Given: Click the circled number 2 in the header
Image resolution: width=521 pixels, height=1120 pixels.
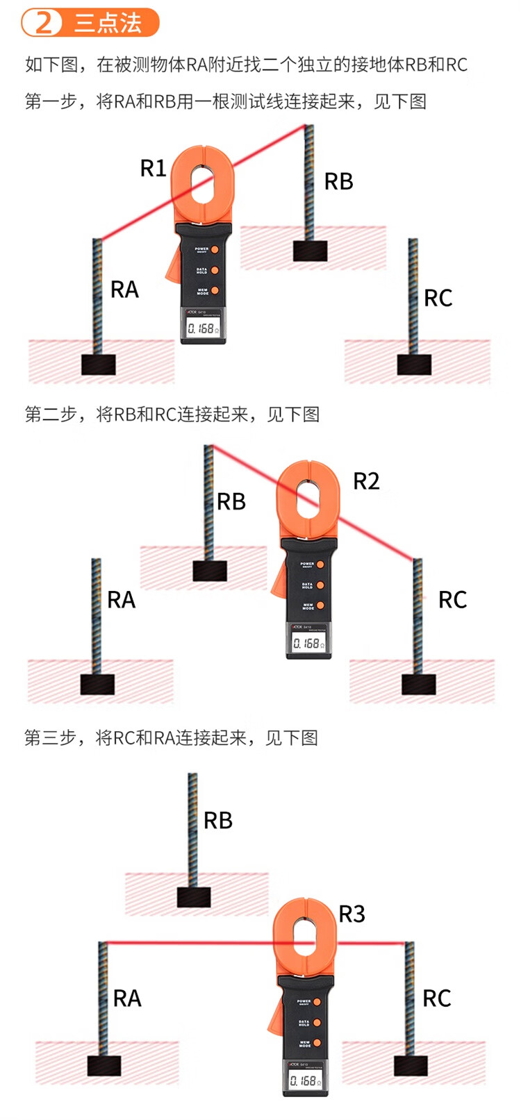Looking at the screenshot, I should pos(44,22).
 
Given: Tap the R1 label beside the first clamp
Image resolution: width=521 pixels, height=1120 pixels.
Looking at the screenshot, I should pos(153,168).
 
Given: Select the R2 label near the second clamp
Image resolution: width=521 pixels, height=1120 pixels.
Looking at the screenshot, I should pos(366,481).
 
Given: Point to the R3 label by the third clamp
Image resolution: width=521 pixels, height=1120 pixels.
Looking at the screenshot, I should pos(352,914).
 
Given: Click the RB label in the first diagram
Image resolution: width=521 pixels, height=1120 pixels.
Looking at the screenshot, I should pos(338,182).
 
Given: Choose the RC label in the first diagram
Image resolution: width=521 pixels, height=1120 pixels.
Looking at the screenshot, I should pos(438,299).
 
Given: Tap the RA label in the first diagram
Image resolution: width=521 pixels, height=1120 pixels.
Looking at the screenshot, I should pos(124,290).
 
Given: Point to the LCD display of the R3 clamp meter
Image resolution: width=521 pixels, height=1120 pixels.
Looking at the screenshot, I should pos(304,1080).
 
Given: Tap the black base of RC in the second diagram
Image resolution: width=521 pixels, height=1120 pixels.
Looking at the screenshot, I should pos(419,684).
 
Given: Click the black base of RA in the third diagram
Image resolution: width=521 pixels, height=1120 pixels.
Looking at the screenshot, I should pos(104,1065).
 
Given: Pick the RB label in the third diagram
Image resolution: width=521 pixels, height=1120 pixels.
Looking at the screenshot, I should pos(217,821).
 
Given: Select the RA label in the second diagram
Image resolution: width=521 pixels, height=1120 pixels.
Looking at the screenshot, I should pos(121,600).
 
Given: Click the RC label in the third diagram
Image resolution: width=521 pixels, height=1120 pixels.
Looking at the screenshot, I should pos(436,998).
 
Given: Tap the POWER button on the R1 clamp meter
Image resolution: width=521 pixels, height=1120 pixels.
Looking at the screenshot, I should pos(215,250).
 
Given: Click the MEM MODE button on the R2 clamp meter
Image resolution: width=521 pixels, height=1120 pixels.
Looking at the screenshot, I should pos(320,605).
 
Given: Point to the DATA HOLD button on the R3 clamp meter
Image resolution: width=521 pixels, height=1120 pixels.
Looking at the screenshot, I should pos(317,1023).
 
